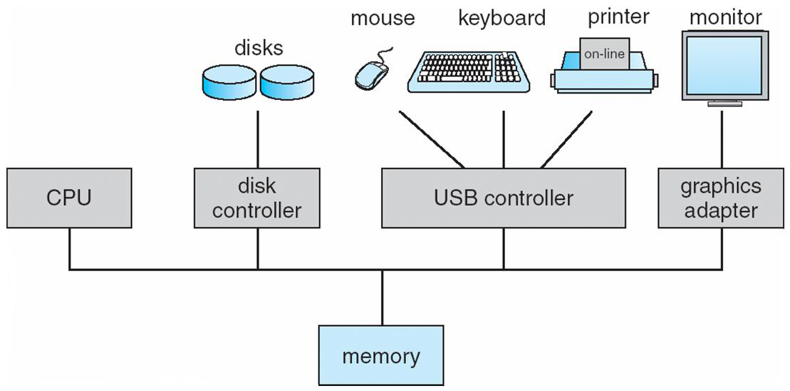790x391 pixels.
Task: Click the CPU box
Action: [69, 198]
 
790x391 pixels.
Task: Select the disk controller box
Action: [257, 198]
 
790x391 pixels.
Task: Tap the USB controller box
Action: [503, 198]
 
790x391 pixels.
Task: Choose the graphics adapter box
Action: [720, 198]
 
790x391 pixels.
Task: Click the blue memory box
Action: [381, 355]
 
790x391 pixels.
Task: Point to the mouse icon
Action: [371, 73]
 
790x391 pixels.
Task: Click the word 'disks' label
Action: [259, 48]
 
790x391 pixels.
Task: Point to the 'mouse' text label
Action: [382, 19]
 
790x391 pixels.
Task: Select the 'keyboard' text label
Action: [501, 19]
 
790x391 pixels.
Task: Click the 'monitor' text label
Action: [726, 17]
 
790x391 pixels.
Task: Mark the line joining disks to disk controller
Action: [257, 139]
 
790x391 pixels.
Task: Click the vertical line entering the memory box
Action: [382, 298]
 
